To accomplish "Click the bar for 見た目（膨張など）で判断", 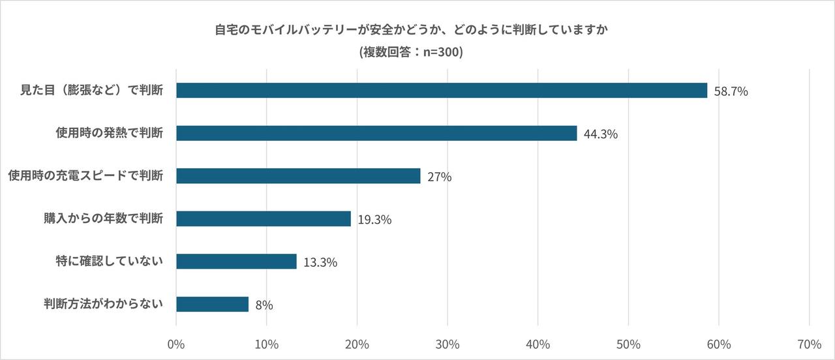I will pos(442,91).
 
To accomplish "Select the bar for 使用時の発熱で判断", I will pos(376,133).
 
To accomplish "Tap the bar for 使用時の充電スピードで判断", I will pos(298,176).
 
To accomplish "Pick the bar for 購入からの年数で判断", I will pos(264,218).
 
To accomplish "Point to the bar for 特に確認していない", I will pos(236,262).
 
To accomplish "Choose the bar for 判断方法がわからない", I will pos(212,304).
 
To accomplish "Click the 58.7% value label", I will pos(731,92).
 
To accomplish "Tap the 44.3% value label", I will pos(600,135).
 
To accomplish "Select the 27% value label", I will pos(440,177).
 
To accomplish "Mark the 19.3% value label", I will pos(374,220).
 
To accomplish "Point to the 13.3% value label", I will pos(320,263).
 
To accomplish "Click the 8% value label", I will pos(264,305).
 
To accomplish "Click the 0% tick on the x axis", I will pos(176,344).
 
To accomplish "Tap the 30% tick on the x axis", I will pos(448,344).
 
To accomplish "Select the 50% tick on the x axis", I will pos(628,344).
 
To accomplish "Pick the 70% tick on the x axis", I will pos(809,344).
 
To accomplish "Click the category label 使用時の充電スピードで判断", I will pos(85,175).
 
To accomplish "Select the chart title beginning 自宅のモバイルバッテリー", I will pos(411,30).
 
